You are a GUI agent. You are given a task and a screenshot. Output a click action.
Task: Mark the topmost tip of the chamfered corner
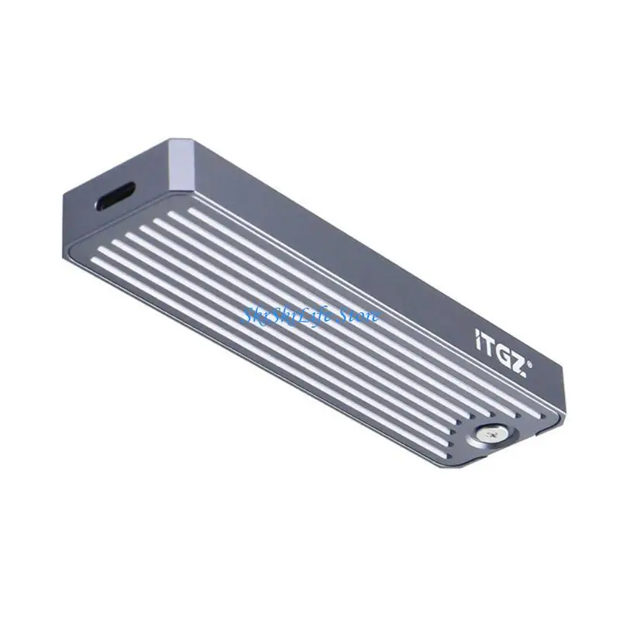click(x=172, y=139)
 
